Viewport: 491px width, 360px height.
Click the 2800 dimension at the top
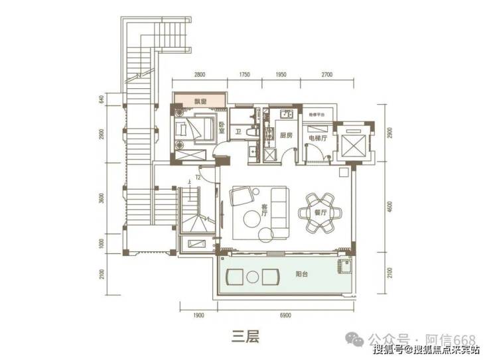point(201,75)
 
